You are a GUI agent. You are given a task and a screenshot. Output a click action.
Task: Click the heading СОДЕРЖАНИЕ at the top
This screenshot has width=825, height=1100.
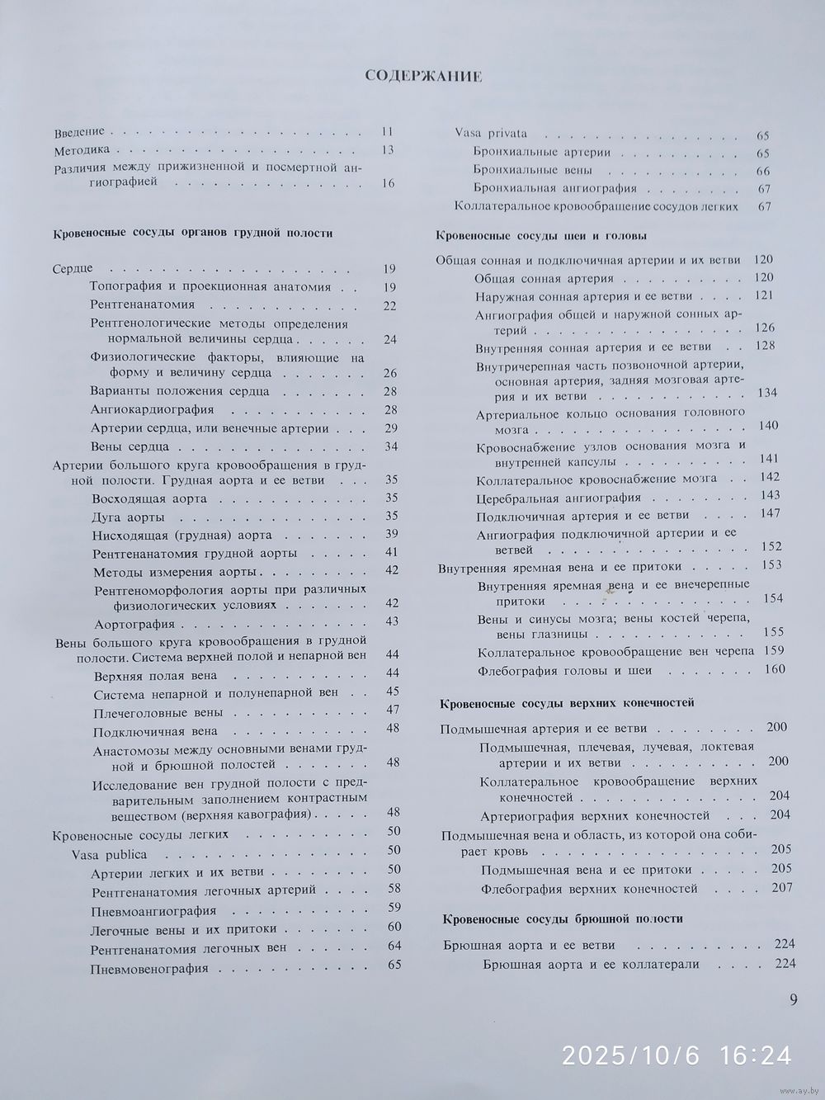coord(423,77)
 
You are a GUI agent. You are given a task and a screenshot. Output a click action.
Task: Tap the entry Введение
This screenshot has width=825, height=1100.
coord(79,132)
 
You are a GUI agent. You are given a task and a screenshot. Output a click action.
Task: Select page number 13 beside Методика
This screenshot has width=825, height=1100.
coord(388,150)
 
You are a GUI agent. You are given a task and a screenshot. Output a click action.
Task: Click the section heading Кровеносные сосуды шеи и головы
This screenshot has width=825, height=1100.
coord(540,236)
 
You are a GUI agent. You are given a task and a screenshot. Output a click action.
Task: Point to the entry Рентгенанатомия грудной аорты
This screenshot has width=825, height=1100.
coord(195,553)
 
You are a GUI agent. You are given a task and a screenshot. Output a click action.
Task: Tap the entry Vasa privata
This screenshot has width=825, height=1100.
coord(491,133)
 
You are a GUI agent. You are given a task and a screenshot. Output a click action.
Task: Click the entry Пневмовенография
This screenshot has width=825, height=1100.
coord(149,968)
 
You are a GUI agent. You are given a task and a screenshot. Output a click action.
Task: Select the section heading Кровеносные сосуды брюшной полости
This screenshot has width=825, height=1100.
coord(563,918)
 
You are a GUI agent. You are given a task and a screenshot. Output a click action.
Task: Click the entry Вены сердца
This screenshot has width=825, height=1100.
coord(130,447)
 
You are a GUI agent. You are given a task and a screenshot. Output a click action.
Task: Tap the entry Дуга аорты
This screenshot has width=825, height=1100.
coord(128,517)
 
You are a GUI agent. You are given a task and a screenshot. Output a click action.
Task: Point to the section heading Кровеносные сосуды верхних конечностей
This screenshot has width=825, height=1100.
coord(568,702)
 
